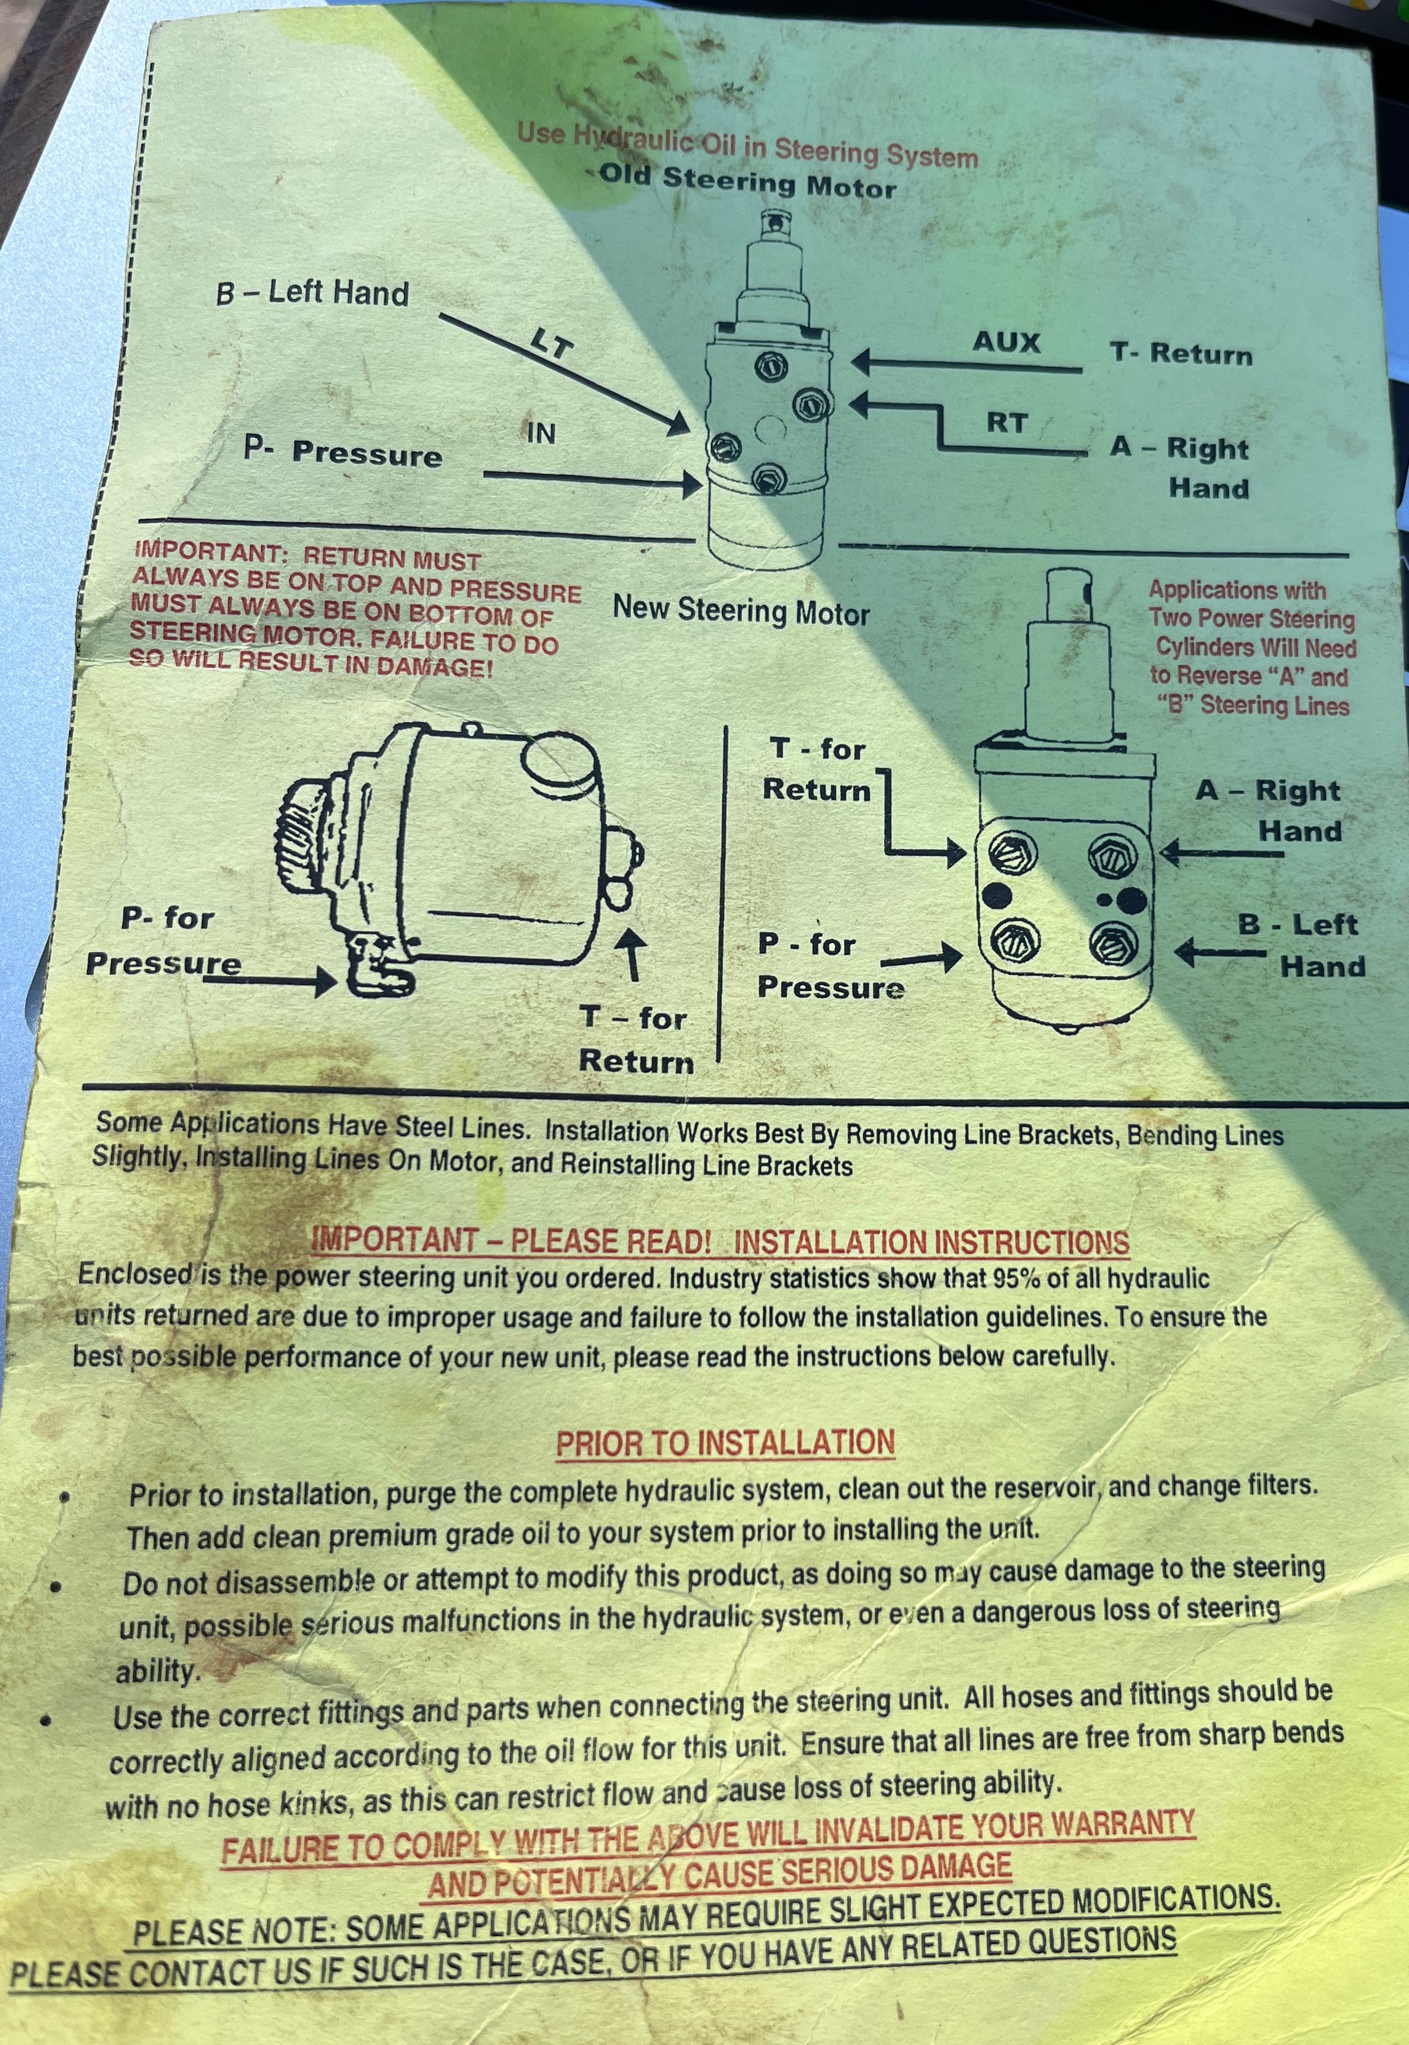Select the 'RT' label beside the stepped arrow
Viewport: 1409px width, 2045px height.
click(x=1006, y=423)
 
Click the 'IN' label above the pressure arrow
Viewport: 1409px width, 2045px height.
click(x=541, y=432)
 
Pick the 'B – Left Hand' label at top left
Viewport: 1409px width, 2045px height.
click(x=313, y=293)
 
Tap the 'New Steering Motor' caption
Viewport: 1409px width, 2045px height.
click(x=742, y=611)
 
